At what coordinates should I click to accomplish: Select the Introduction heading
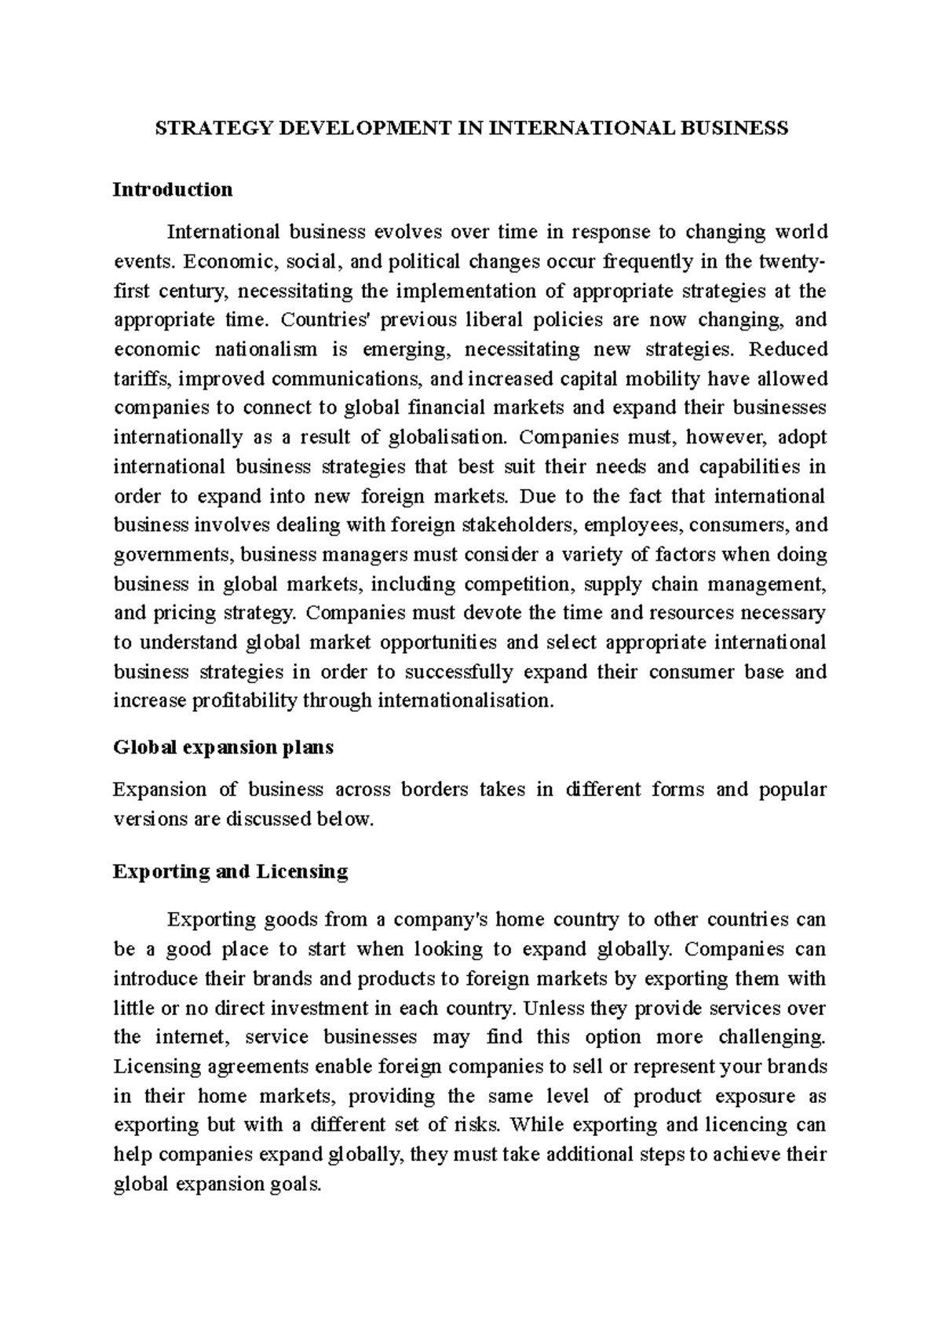173,189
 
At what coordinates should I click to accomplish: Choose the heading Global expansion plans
224,747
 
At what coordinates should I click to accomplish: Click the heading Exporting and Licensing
231,871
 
